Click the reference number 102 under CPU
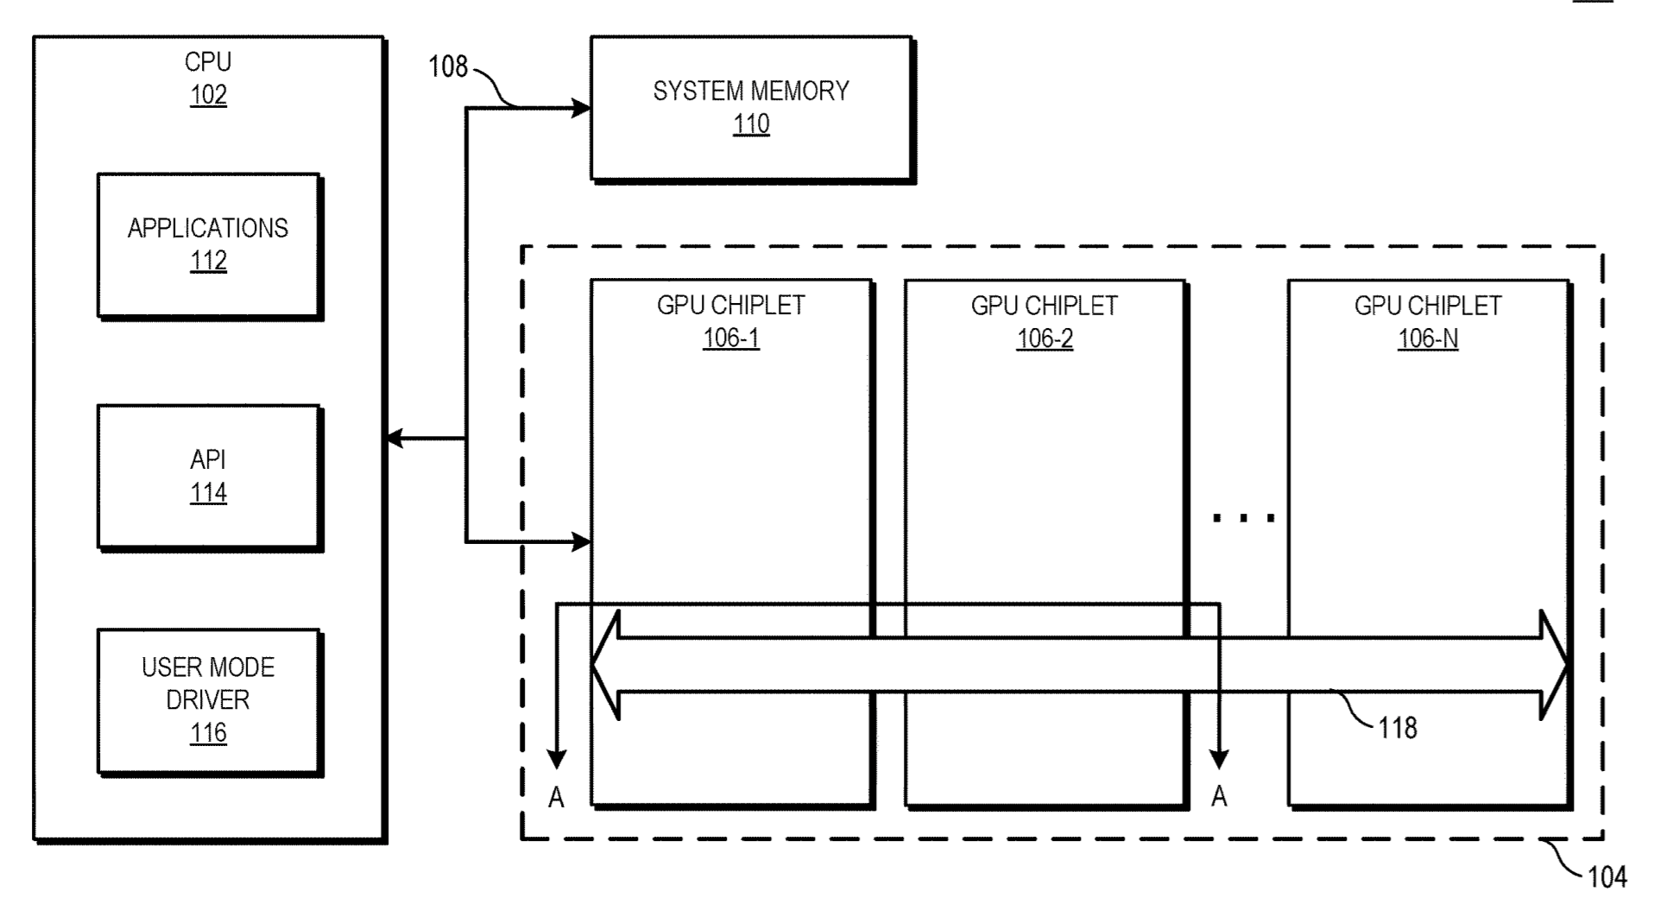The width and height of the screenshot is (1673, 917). pos(208,95)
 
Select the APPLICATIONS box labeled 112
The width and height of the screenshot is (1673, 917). pos(209,246)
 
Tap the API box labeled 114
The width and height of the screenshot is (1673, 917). pos(209,477)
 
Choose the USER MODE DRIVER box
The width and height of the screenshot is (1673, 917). pos(209,700)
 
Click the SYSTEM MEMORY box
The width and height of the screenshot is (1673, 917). pos(751,108)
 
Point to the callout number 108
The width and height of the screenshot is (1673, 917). pos(448,67)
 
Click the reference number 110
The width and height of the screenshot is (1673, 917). pos(751,124)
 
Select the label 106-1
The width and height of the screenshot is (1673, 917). pos(730,338)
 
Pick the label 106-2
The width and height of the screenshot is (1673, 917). pos(1045,338)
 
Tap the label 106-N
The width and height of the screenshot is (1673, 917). pos(1428,338)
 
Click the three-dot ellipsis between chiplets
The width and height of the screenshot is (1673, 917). pos(1243,518)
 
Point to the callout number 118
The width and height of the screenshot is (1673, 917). pos(1397,728)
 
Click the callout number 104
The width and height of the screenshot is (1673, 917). pos(1607,877)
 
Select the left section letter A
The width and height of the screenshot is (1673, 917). pos(557,798)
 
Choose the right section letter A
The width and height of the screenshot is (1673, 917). pos(1219,796)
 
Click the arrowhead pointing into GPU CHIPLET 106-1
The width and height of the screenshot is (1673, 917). pos(582,542)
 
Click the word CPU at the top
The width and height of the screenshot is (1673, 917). pos(208,62)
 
